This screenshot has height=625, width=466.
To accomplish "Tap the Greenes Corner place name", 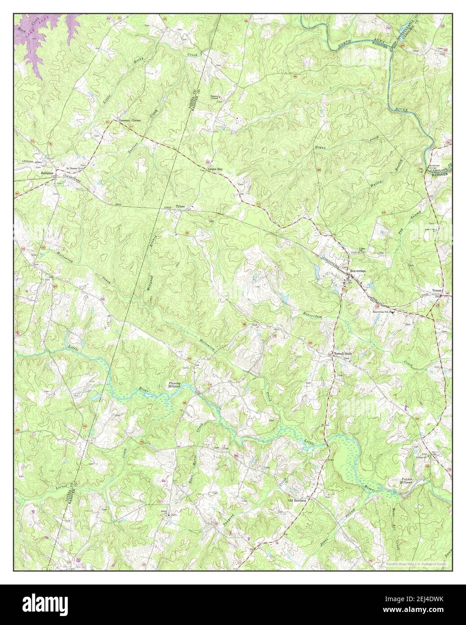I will pos(129,121).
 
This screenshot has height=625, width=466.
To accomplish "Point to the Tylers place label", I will pos(180,207).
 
